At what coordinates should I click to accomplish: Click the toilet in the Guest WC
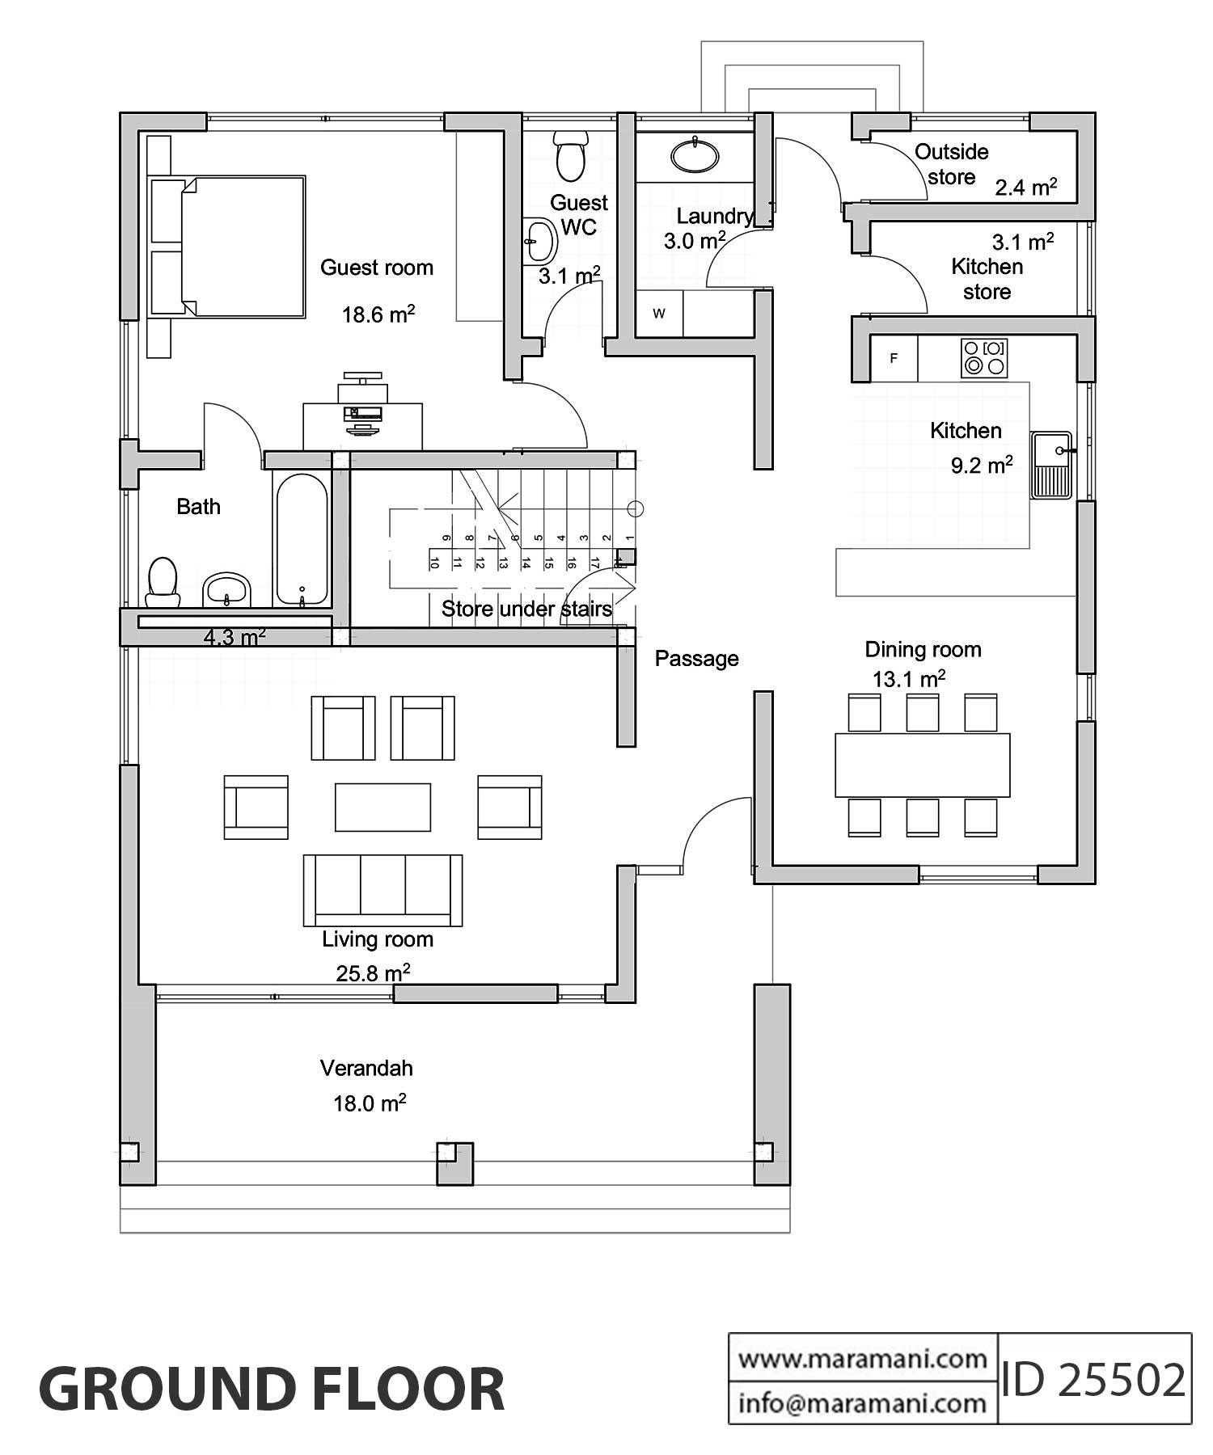(572, 156)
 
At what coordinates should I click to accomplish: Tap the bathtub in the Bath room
(302, 540)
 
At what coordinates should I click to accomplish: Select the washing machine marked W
(659, 314)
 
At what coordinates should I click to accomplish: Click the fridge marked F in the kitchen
(894, 358)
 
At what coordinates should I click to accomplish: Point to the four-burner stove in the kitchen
(984, 358)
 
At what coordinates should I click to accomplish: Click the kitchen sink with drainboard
(1051, 465)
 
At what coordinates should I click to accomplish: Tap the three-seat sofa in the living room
(382, 890)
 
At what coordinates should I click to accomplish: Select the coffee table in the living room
(382, 806)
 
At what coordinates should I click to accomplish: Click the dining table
(922, 765)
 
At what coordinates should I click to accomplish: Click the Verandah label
(366, 1069)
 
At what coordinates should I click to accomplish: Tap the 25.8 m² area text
(373, 973)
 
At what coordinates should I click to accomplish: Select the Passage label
(696, 659)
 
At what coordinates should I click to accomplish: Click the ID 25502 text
(1093, 1380)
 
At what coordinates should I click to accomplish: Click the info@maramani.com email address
(862, 1403)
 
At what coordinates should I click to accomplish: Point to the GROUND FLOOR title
(272, 1389)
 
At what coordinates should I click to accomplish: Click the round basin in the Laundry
(695, 156)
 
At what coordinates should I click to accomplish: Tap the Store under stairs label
(526, 609)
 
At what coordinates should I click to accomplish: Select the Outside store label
(951, 164)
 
